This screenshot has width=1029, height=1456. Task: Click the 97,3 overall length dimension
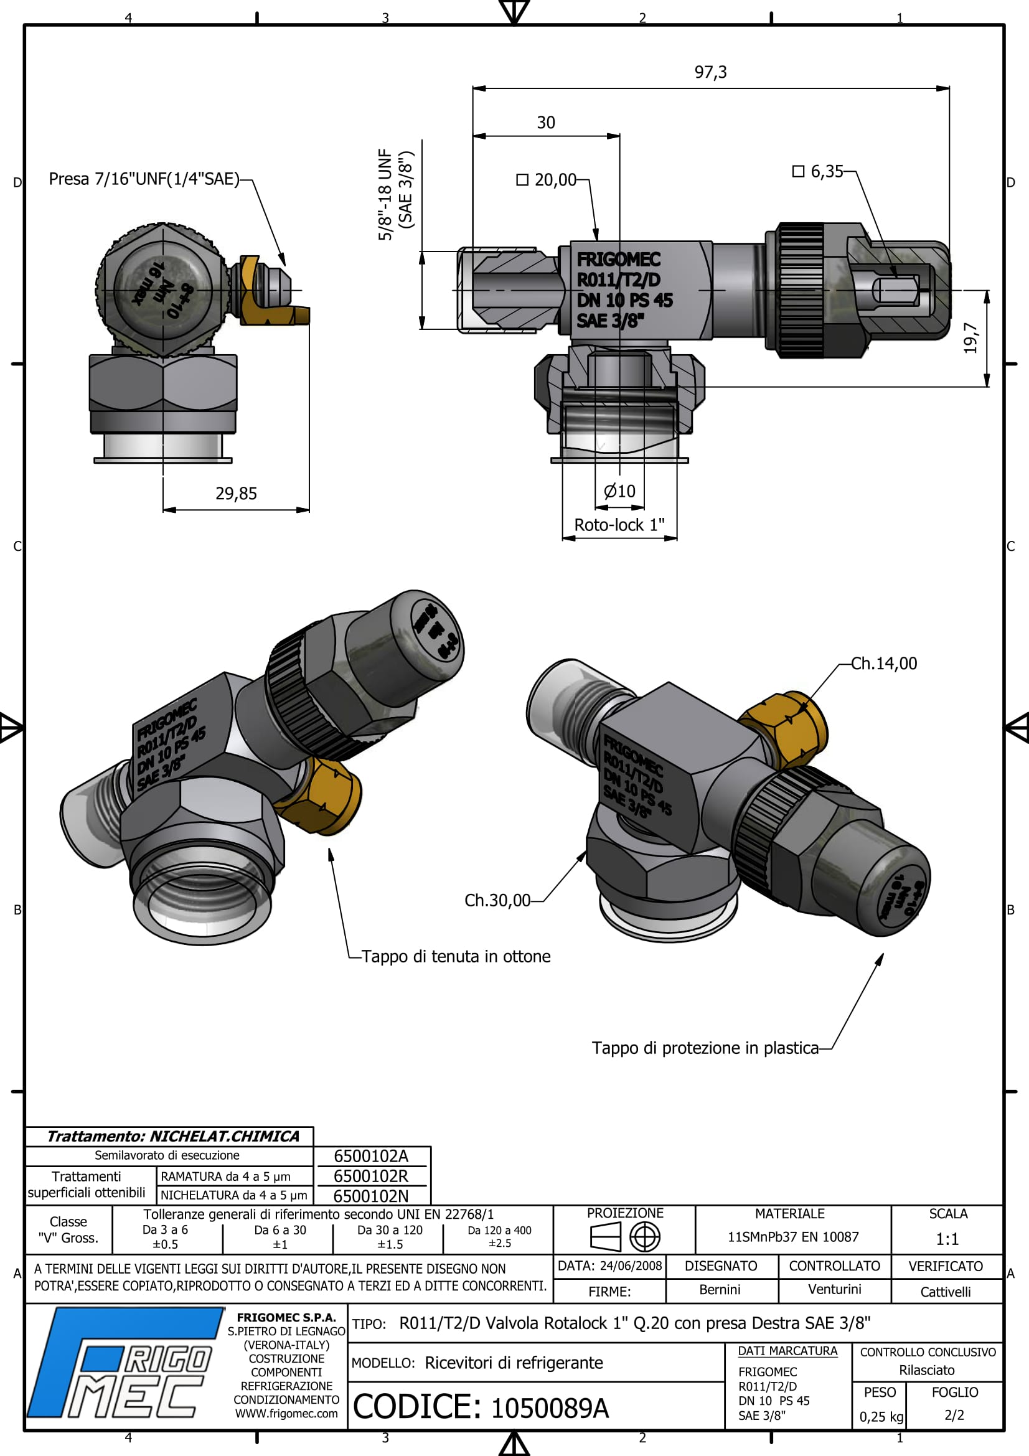pyautogui.click(x=710, y=72)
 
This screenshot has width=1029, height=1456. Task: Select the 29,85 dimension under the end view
pyautogui.click(x=236, y=494)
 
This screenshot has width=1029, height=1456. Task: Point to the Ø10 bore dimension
pyautogui.click(x=619, y=491)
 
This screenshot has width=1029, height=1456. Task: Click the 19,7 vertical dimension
pyautogui.click(x=970, y=338)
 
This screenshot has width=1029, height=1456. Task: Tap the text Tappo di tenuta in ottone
pyautogui.click(x=455, y=956)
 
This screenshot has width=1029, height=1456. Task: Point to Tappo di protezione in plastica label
pyautogui.click(x=705, y=1048)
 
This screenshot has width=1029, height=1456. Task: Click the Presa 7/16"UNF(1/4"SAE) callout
pyautogui.click(x=144, y=179)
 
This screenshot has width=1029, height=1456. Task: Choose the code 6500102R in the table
pyautogui.click(x=371, y=1177)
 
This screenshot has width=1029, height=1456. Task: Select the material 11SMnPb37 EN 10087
pyautogui.click(x=792, y=1237)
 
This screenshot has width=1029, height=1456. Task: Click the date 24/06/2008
pyautogui.click(x=630, y=1266)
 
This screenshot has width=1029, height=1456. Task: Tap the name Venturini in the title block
pyautogui.click(x=834, y=1289)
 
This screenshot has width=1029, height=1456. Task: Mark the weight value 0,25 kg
pyautogui.click(x=881, y=1417)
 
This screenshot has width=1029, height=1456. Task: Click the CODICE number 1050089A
pyautogui.click(x=550, y=1409)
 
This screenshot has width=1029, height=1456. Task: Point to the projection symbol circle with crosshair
pyautogui.click(x=644, y=1237)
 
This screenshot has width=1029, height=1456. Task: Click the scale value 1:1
pyautogui.click(x=947, y=1239)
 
